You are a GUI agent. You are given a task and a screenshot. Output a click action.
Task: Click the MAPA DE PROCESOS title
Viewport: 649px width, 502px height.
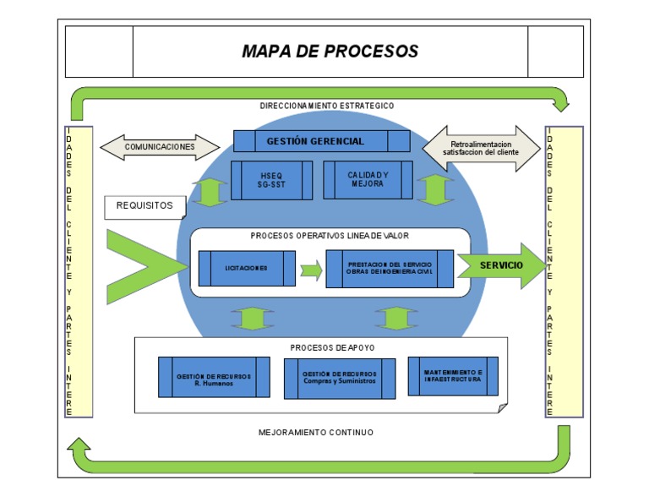tap(330, 52)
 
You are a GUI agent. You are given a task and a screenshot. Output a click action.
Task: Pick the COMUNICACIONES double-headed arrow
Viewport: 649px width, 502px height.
tap(160, 147)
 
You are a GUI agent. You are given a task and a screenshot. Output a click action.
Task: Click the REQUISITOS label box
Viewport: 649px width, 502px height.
tap(144, 205)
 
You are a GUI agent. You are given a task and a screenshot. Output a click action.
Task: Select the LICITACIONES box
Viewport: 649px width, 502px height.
tap(247, 269)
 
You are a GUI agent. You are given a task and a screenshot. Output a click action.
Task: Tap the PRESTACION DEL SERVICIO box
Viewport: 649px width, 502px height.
tap(390, 269)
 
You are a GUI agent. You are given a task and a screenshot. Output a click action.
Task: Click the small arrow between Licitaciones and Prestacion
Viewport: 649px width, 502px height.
tap(311, 270)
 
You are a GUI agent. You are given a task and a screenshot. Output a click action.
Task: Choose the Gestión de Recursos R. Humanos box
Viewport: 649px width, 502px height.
tap(214, 377)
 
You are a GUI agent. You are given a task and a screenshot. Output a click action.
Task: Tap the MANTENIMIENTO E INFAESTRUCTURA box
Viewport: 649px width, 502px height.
tap(453, 376)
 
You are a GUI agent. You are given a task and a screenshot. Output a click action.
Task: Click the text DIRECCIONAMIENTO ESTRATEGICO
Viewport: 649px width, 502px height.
tap(326, 106)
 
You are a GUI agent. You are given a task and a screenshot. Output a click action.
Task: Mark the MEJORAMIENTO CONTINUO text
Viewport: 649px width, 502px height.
tap(315, 432)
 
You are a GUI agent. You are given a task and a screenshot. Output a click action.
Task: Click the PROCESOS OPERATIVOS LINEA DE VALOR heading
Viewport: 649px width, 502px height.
tap(330, 236)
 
